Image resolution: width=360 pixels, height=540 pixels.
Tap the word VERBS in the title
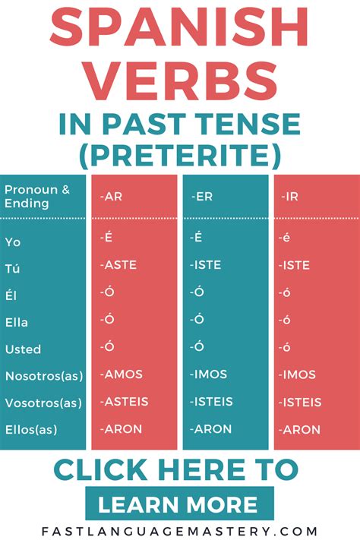[179, 82]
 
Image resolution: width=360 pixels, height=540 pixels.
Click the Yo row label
[13, 242]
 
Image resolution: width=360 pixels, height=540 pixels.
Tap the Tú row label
[13, 268]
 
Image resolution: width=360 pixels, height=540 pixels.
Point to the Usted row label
[23, 349]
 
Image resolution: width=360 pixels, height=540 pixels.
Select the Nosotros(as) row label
[44, 376]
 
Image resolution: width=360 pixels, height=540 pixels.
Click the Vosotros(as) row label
[44, 403]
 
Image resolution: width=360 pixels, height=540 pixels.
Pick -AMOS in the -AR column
[121, 374]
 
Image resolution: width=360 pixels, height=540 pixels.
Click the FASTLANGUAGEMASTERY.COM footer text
[179, 531]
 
